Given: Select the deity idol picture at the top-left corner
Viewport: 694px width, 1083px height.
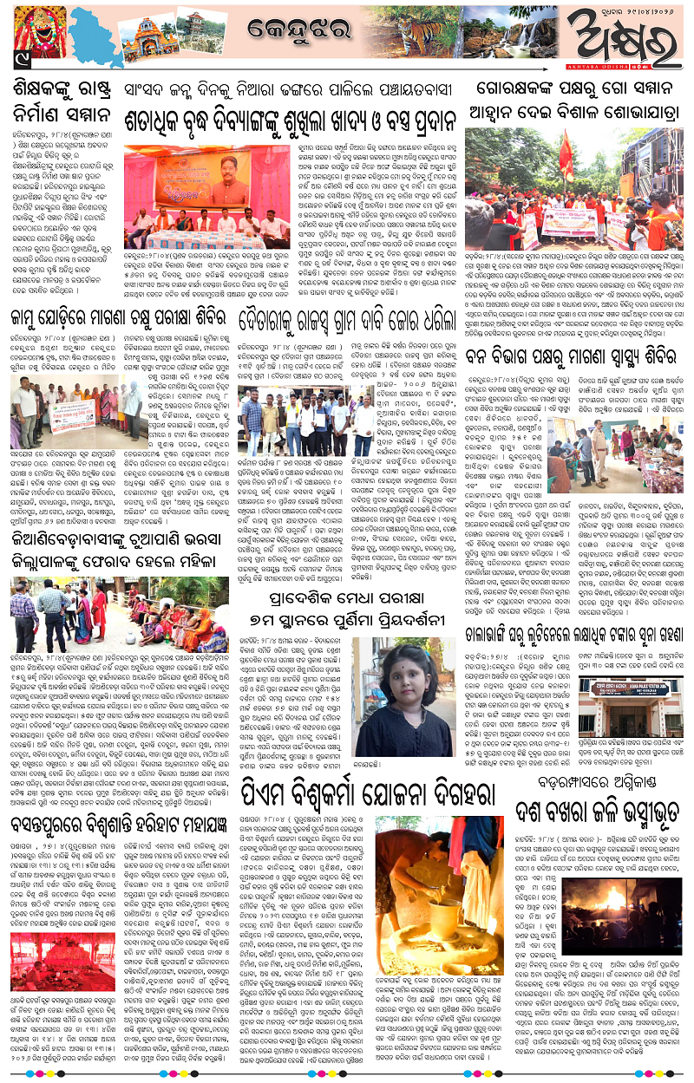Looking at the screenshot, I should pyautogui.click(x=36, y=38).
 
